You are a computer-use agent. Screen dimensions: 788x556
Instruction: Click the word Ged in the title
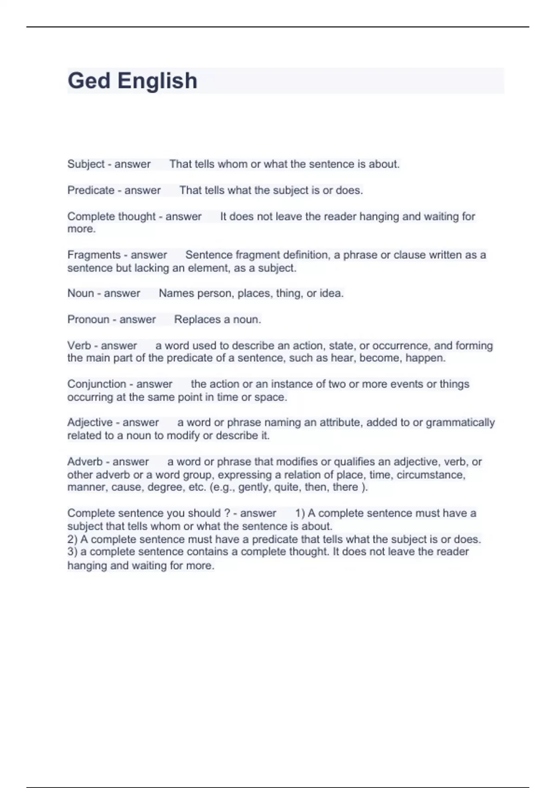pyautogui.click(x=89, y=81)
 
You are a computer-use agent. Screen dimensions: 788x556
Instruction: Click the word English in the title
pyautogui.click(x=158, y=81)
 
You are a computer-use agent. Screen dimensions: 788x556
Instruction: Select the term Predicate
pyautogui.click(x=91, y=191)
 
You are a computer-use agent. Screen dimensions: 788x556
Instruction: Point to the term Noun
pyautogui.click(x=81, y=293)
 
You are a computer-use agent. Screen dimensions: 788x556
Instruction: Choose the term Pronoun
pyautogui.click(x=88, y=319)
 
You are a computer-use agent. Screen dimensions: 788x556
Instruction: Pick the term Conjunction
pyautogui.click(x=96, y=384)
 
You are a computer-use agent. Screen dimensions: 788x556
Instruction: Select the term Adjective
pyautogui.click(x=89, y=423)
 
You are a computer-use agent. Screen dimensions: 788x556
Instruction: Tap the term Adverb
pyautogui.click(x=85, y=462)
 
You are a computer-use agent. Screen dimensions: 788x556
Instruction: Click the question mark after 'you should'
pyautogui.click(x=227, y=513)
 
